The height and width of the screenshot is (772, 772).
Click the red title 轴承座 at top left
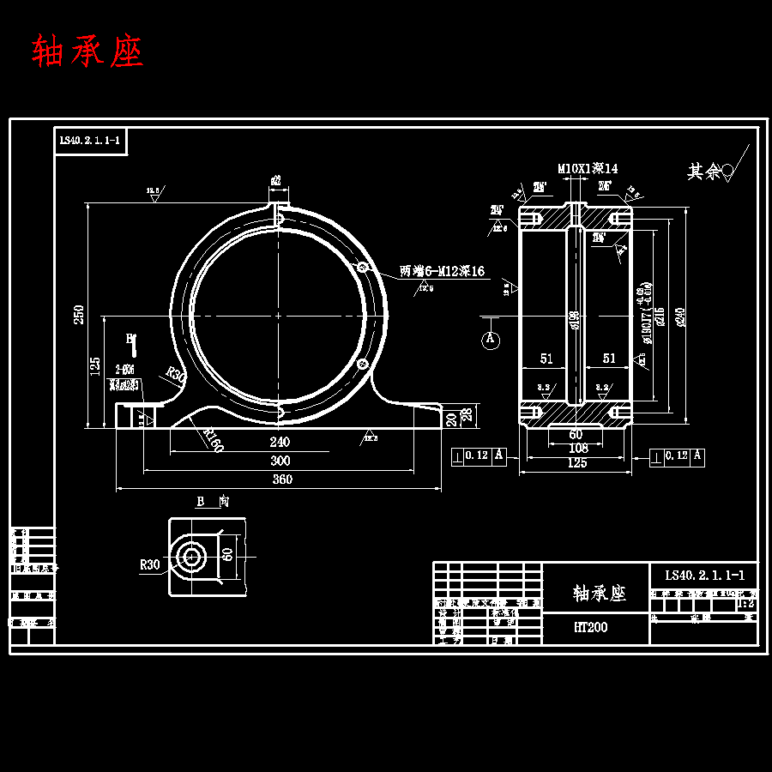click(x=87, y=51)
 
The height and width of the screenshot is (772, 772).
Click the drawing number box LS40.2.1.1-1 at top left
click(x=90, y=141)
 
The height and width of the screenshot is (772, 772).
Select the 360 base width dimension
click(x=281, y=479)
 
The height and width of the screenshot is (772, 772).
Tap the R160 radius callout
click(x=214, y=438)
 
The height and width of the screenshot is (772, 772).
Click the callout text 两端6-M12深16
click(x=442, y=271)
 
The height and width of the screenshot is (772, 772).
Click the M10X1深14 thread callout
click(x=588, y=169)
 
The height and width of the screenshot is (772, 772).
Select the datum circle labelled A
click(x=491, y=340)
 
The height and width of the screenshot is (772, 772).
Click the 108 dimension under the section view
click(x=577, y=448)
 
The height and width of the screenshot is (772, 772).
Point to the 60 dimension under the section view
click(x=576, y=434)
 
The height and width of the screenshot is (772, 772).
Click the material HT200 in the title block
click(x=590, y=628)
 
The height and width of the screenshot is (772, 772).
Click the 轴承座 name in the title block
click(x=599, y=593)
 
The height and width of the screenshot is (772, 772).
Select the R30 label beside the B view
click(x=150, y=564)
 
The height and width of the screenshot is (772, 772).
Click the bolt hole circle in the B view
click(x=190, y=558)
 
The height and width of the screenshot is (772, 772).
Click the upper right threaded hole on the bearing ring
click(x=363, y=268)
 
